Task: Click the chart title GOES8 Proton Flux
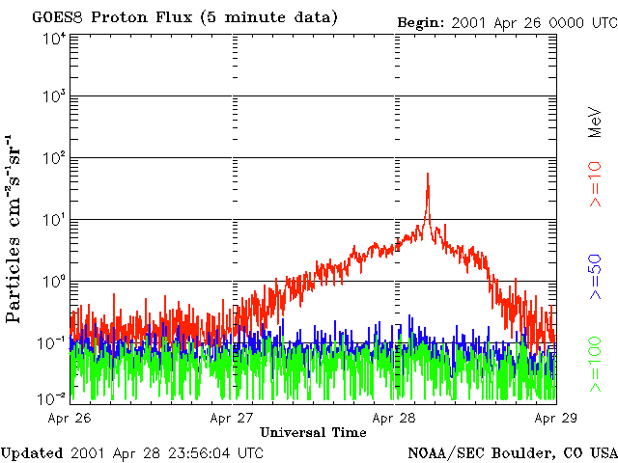coord(184,18)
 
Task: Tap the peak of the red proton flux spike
coord(428,175)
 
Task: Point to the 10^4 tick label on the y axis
coord(54,39)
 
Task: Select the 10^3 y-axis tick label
coord(54,97)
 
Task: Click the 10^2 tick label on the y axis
coord(54,158)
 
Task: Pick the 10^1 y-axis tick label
coord(54,220)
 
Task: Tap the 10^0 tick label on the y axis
coord(54,282)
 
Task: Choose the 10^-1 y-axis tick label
coord(52,342)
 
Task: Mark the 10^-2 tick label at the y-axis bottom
coord(52,397)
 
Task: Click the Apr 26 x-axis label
coord(72,418)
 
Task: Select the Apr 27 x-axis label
coord(235,418)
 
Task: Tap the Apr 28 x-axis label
coord(396,418)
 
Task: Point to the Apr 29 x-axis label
coord(555,418)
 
